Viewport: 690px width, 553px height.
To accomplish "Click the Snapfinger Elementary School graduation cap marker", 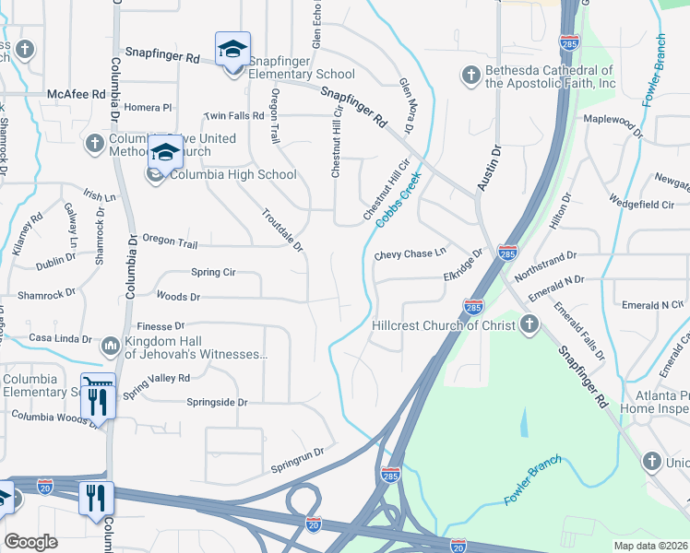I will point(232,49).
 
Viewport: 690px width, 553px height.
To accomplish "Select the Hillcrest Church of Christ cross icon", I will point(529,324).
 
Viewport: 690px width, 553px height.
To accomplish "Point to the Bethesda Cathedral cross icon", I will point(470,76).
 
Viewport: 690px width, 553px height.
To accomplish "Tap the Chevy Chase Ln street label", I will point(410,253).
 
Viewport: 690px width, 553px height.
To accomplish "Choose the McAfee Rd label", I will point(73,93).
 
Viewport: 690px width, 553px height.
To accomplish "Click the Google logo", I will point(30,541).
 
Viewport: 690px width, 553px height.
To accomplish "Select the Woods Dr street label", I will point(179,297).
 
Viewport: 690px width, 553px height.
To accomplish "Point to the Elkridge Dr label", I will point(463,264).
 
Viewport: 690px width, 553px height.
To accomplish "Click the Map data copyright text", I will point(650,546).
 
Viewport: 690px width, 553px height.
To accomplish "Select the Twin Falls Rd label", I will point(234,116).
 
